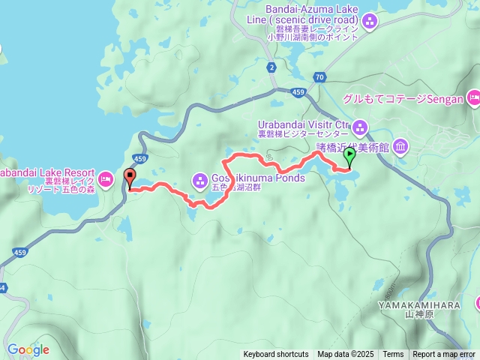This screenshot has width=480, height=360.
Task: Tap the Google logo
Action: pyautogui.click(x=28, y=349)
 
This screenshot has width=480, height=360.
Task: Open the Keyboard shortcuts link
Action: pyautogui.click(x=275, y=355)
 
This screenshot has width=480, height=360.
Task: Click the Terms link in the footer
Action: pyautogui.click(x=393, y=355)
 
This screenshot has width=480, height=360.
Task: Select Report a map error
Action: pyautogui.click(x=444, y=355)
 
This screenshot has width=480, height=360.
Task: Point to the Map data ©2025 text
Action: pyautogui.click(x=345, y=355)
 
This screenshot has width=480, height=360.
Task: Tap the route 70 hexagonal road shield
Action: pyautogui.click(x=320, y=76)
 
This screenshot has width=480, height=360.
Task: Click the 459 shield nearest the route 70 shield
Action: pyautogui.click(x=298, y=92)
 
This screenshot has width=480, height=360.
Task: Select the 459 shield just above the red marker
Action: pyautogui.click(x=139, y=158)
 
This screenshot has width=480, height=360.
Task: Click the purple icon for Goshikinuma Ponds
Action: pyautogui.click(x=200, y=179)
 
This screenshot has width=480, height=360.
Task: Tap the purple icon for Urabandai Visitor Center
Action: pyautogui.click(x=360, y=126)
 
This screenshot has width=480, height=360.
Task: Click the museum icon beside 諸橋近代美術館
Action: pyautogui.click(x=400, y=145)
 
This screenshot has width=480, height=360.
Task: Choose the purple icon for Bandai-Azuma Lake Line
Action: pyautogui.click(x=368, y=23)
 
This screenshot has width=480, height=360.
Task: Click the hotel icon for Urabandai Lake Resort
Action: pyautogui.click(x=106, y=178)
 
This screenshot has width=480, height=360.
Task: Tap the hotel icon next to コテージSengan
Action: pyautogui.click(x=473, y=98)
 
